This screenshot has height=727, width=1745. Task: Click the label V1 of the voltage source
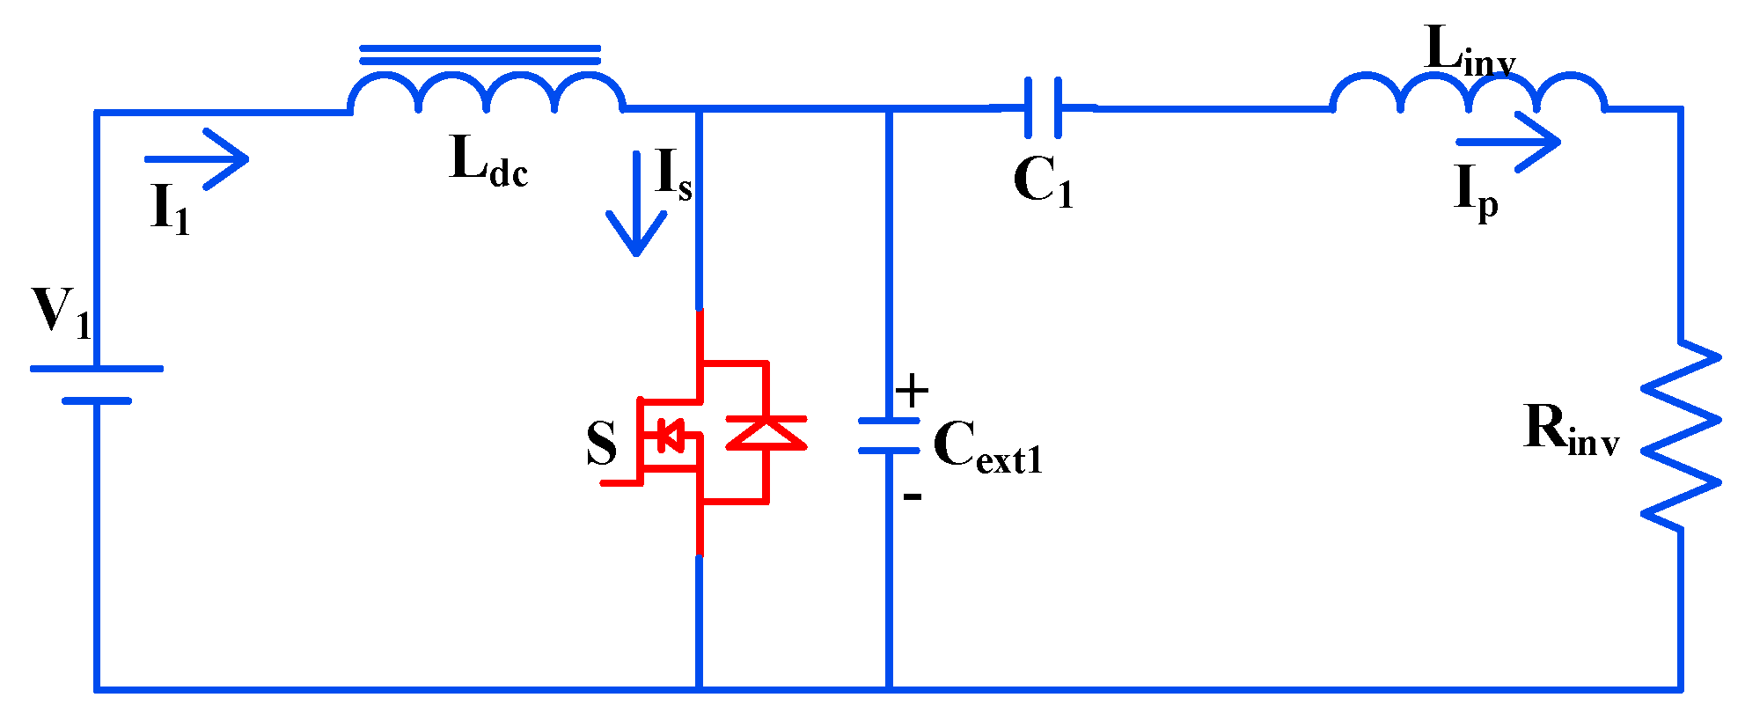(60, 312)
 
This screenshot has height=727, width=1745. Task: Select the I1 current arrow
(198, 159)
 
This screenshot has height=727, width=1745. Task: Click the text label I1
(170, 210)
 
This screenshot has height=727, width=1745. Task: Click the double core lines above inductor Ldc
(480, 55)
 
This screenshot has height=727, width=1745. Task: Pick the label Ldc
(488, 163)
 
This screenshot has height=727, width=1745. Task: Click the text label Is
(674, 175)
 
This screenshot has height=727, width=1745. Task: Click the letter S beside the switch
(602, 443)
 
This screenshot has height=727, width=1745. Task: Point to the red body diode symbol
(766, 432)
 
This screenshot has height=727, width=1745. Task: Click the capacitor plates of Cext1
(889, 437)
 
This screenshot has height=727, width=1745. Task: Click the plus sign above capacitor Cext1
(912, 389)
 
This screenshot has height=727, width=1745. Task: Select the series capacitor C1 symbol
(1043, 107)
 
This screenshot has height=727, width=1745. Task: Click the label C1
(1043, 183)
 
